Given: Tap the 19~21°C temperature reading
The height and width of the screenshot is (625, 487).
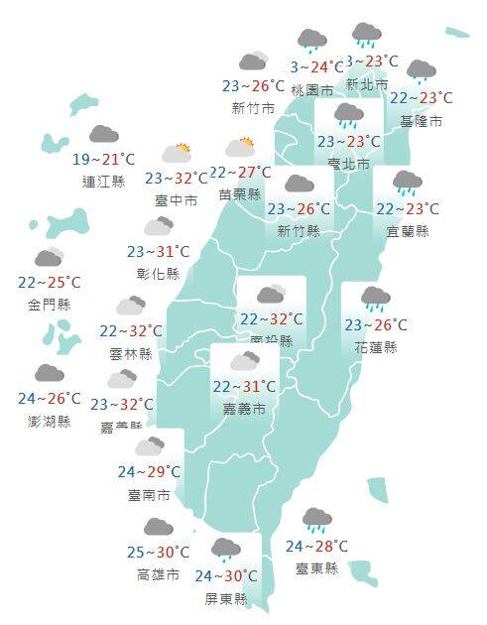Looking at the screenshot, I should [x=103, y=159].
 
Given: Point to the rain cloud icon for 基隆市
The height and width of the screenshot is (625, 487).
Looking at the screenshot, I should [x=421, y=71].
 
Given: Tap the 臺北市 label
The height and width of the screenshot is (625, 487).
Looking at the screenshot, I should [x=349, y=163].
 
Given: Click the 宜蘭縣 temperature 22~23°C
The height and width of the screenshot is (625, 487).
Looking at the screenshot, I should [x=408, y=209].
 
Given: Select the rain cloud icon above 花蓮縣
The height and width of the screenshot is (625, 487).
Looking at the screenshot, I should [x=375, y=298].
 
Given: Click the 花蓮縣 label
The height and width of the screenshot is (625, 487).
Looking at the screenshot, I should [x=375, y=347].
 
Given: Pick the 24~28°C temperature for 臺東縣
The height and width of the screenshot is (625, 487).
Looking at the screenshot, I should [x=317, y=546].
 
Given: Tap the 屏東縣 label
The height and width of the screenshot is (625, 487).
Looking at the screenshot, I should [x=227, y=598].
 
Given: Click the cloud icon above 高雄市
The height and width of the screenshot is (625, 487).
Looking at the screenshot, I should [x=158, y=527].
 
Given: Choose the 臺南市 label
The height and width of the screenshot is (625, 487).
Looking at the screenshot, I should [x=149, y=493].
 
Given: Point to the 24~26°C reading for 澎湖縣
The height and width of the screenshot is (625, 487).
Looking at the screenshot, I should [x=50, y=399].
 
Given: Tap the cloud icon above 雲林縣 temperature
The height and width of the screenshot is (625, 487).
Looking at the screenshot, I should [x=130, y=306].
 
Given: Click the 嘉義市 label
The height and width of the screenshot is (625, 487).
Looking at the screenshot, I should [x=244, y=408].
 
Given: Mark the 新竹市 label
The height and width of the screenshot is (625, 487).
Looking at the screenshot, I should [x=252, y=107].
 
